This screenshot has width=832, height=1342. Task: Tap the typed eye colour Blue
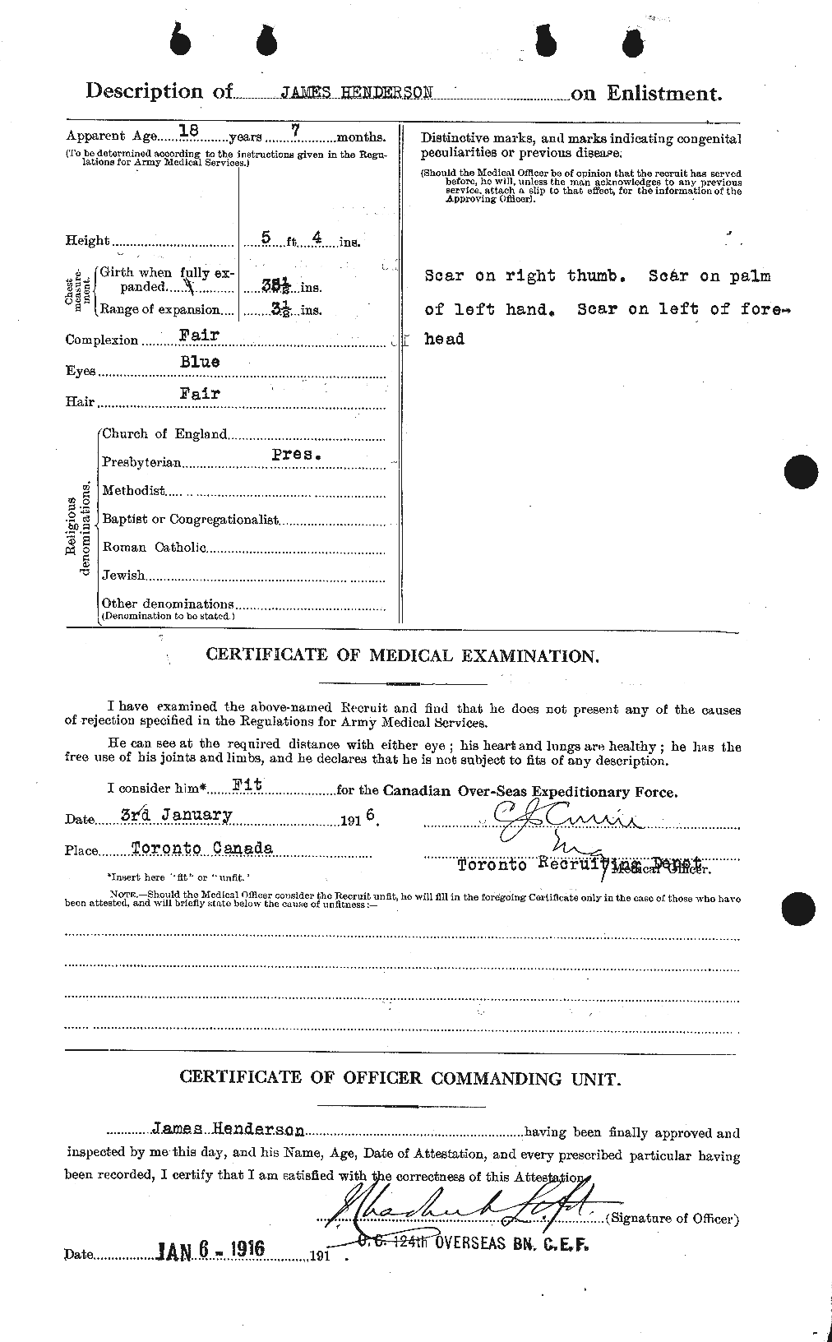[x=200, y=362]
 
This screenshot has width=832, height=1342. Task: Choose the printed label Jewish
[x=123, y=576]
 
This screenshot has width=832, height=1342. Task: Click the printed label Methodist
[x=133, y=491]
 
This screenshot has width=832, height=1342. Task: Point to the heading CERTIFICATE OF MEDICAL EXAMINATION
[x=402, y=655]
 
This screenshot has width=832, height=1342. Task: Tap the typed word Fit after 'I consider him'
[x=246, y=784]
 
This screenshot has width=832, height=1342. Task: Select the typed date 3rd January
[x=176, y=815]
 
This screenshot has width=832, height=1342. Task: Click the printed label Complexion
[x=102, y=340]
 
